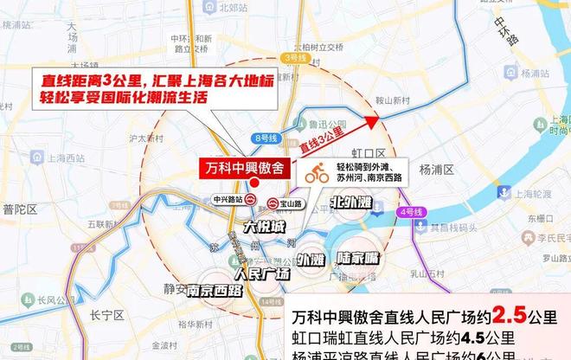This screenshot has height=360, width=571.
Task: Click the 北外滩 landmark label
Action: pyautogui.click(x=350, y=203)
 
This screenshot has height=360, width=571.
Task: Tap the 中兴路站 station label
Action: pyautogui.click(x=228, y=198)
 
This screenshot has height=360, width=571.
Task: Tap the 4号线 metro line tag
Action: pyautogui.click(x=409, y=211)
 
